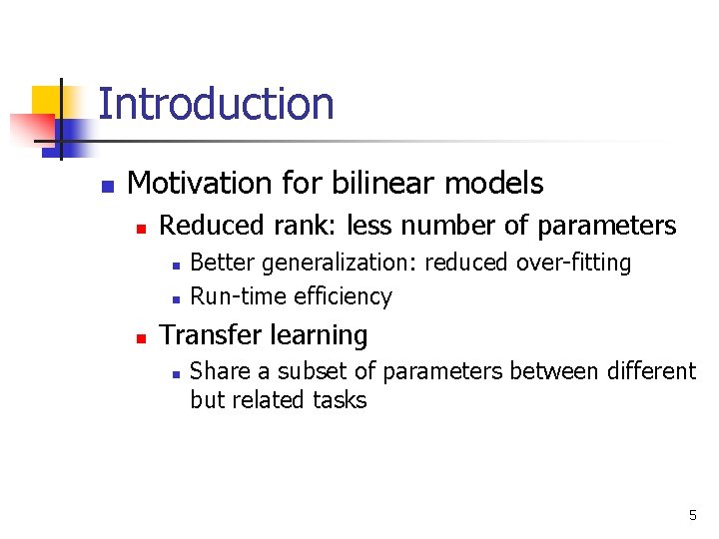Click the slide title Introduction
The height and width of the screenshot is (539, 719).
click(216, 104)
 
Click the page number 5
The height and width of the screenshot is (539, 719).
click(692, 515)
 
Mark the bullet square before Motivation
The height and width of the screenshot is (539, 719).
click(108, 186)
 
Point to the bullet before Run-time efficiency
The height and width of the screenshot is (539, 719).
click(174, 297)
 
